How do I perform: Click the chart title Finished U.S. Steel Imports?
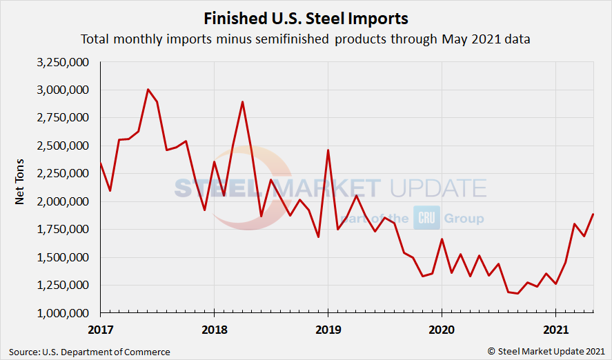click(306, 18)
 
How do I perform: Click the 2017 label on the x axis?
click(100, 330)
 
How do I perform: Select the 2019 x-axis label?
click(328, 330)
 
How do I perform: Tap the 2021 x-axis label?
click(556, 330)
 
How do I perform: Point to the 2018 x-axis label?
click(214, 330)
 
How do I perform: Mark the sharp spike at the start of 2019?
click(328, 150)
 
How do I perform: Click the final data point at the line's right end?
click(593, 214)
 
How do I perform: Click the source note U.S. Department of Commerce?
click(90, 352)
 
